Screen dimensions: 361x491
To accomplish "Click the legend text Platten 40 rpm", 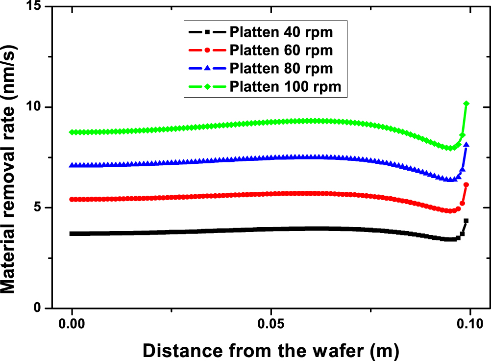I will [x=281, y=33].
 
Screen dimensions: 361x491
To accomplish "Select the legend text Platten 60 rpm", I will [x=281, y=51].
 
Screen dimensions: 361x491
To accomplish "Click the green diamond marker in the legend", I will [x=207, y=86].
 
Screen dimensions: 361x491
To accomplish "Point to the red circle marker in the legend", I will [x=207, y=51].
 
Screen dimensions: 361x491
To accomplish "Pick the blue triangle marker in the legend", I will [x=207, y=68].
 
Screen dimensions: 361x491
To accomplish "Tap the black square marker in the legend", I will [x=207, y=33].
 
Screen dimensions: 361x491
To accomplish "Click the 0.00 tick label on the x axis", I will [x=72, y=325].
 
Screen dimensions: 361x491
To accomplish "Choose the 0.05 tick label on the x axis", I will [x=270, y=325].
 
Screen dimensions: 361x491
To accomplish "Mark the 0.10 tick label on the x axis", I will [x=469, y=325].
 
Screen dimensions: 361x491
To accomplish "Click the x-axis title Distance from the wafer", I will [x=270, y=350].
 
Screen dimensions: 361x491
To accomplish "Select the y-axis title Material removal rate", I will [x=13, y=158].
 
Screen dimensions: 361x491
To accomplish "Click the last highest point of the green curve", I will [x=466, y=103].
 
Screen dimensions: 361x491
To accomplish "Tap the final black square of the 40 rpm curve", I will [x=466, y=221].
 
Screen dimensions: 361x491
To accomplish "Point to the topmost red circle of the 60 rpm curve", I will [x=466, y=184].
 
